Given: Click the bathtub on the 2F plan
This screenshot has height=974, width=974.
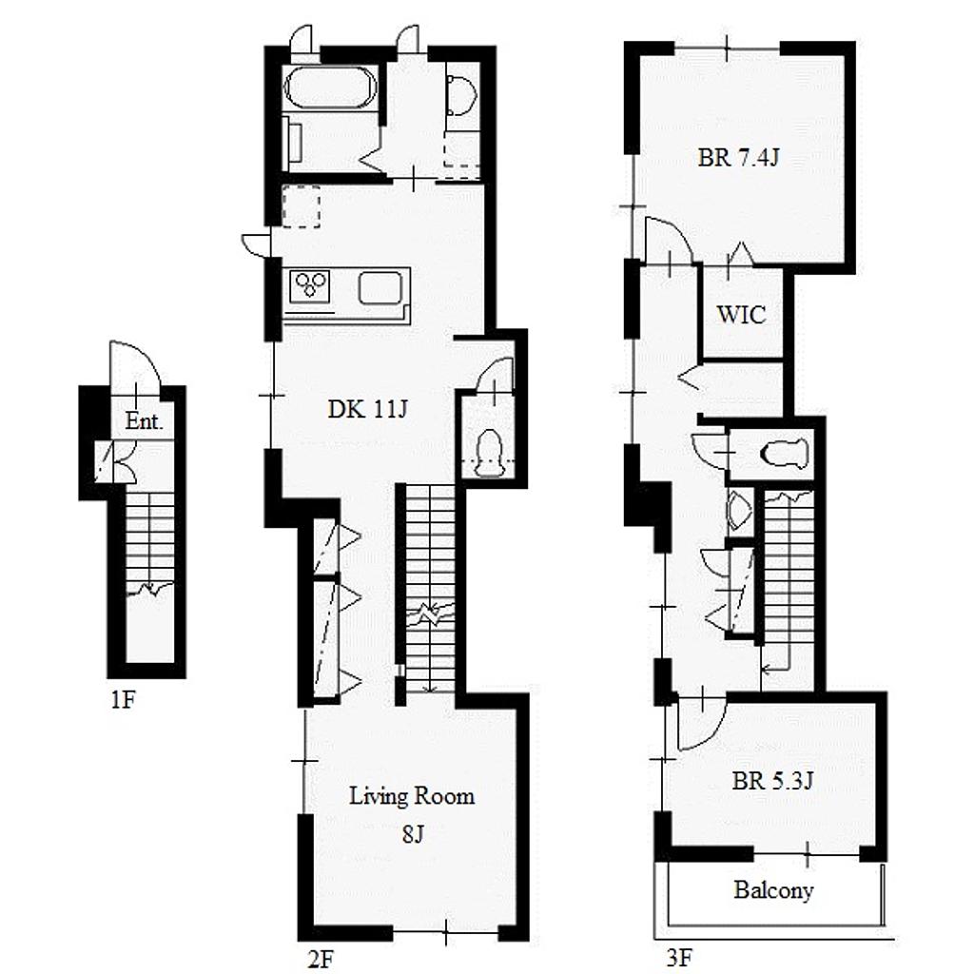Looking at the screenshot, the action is tap(329, 88).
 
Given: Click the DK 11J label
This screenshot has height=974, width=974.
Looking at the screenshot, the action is tap(368, 409).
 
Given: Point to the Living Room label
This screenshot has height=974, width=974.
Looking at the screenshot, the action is tap(412, 796).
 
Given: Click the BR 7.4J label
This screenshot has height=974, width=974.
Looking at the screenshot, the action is tap(738, 158).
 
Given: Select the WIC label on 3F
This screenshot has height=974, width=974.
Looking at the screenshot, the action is tap(741, 314).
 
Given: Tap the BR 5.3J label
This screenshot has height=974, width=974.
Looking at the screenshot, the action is tap(772, 781).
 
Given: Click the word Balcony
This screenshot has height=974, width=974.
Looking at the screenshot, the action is tap(773, 890).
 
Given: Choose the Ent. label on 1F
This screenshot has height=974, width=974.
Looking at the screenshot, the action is tap(144, 421).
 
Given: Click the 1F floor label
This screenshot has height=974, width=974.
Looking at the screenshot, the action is tap(123, 700).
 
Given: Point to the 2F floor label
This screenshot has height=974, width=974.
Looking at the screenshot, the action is tap(321, 959).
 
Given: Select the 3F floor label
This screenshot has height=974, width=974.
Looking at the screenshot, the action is tap(679, 958).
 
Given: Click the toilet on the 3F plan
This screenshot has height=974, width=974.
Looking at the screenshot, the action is tap(787, 453).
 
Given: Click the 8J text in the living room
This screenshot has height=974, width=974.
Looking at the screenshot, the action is tap(413, 835).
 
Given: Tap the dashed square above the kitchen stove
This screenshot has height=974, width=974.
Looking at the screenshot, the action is tap(302, 206).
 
